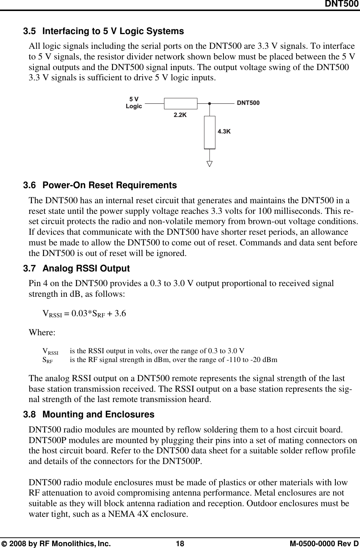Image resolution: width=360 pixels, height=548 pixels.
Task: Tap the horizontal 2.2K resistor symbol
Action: [x=180, y=103]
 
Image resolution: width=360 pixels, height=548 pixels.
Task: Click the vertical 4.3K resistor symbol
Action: [x=210, y=132]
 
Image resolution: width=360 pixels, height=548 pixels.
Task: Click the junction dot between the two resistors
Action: [x=210, y=103]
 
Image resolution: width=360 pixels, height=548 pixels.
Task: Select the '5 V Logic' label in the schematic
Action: [x=134, y=103]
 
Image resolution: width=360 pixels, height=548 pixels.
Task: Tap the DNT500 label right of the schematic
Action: [x=248, y=103]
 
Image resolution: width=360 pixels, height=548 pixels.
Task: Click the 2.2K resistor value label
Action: [x=180, y=115]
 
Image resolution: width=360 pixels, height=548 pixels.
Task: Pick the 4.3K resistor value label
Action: [x=224, y=131]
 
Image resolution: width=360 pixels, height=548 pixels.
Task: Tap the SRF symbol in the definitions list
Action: [x=47, y=360]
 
